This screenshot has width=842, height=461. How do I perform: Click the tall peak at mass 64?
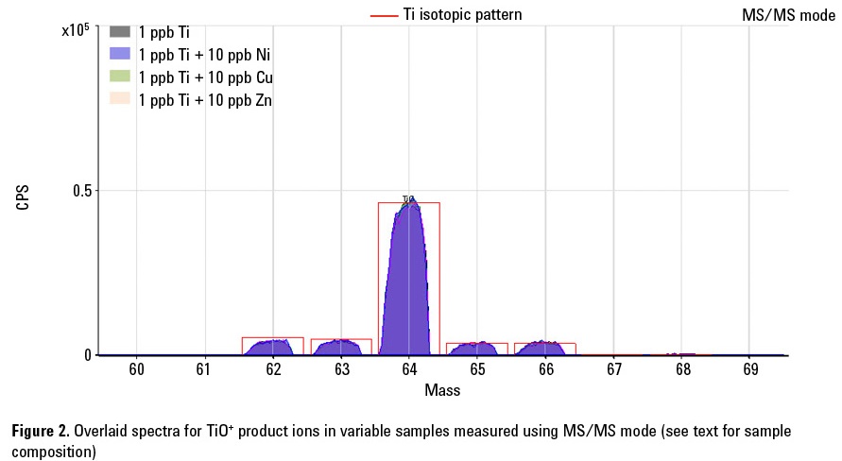click(x=408, y=283)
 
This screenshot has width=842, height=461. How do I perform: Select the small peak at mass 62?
click(x=272, y=348)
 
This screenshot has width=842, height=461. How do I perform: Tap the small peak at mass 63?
click(x=340, y=348)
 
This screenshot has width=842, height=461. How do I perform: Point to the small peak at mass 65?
click(x=477, y=349)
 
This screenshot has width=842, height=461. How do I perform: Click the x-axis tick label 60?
click(x=136, y=369)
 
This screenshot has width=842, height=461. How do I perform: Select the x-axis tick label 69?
click(x=750, y=369)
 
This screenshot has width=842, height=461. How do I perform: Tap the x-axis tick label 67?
click(x=613, y=369)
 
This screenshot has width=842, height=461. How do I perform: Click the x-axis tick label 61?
click(x=204, y=369)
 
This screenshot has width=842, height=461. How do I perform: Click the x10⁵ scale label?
click(x=76, y=30)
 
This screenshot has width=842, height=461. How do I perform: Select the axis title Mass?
click(x=442, y=389)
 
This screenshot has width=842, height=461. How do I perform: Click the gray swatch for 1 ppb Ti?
click(x=119, y=32)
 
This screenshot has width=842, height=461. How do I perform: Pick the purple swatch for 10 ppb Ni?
click(x=119, y=54)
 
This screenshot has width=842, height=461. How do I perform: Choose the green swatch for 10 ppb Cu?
click(x=119, y=77)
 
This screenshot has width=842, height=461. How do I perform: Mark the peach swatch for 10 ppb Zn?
click(x=119, y=99)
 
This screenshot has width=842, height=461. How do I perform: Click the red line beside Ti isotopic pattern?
click(x=384, y=16)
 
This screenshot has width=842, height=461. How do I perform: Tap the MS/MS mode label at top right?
click(x=789, y=16)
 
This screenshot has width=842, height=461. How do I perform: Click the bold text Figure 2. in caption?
click(x=40, y=431)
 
